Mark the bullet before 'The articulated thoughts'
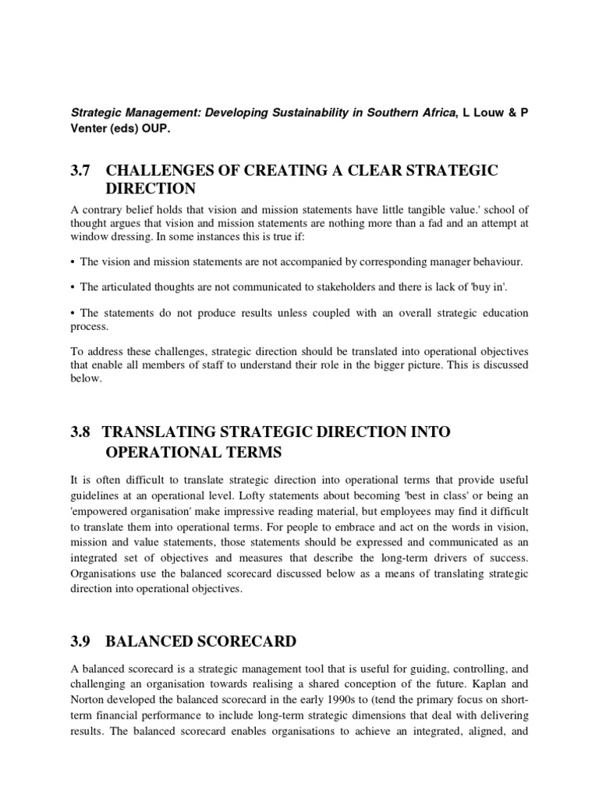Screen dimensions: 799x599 click(x=73, y=288)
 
